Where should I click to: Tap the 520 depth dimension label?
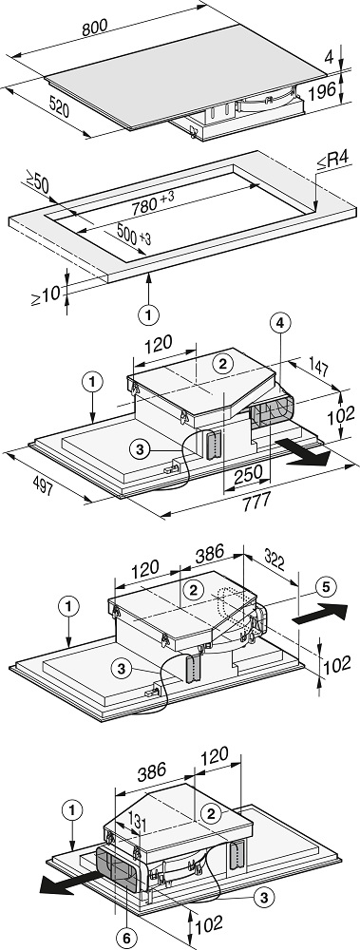[x=59, y=108]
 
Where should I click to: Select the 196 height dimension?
[x=322, y=91]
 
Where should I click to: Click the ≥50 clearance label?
[x=38, y=181]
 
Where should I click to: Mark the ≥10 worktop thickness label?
[x=46, y=295]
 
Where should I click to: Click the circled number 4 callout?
[x=279, y=324]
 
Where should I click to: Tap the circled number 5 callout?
[x=326, y=586]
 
